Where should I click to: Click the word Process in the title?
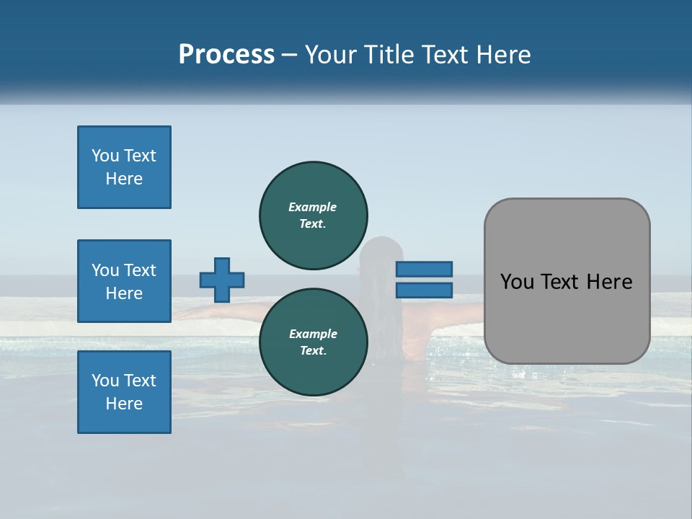226,55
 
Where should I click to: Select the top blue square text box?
124,167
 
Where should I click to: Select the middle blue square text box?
124,281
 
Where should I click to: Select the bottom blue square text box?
124,392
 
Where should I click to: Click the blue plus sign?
222,280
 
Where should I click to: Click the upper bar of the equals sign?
424,269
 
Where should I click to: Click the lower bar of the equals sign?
424,290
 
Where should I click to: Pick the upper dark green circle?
313,215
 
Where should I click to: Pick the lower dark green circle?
313,342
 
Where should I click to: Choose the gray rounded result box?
567,281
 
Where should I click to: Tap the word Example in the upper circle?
312,207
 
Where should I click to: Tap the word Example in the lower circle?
312,334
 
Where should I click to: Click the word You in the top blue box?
105,156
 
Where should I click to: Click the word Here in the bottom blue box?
124,404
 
